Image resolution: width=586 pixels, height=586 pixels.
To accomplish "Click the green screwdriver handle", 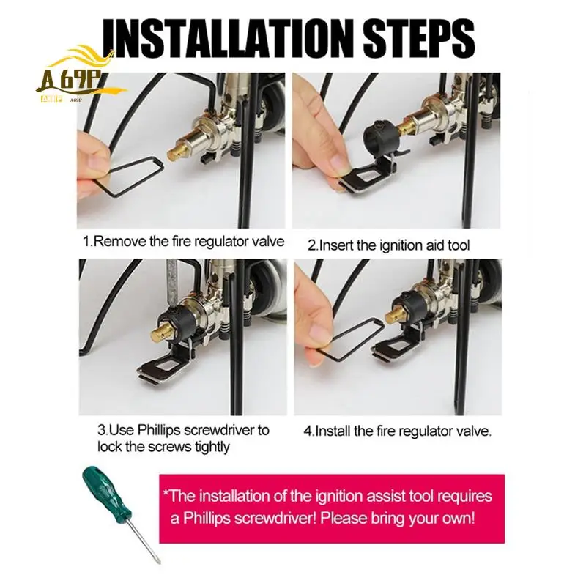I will tap(107, 496).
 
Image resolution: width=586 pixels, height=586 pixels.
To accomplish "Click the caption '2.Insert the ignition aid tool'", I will tap(388, 245).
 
